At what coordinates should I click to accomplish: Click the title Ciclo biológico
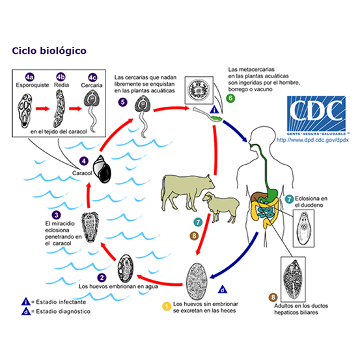point(48,50)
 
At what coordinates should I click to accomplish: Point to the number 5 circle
point(121,102)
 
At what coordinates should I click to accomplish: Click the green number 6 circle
point(230,98)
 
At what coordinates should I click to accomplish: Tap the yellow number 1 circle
point(167,304)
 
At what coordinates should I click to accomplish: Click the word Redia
point(61,85)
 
